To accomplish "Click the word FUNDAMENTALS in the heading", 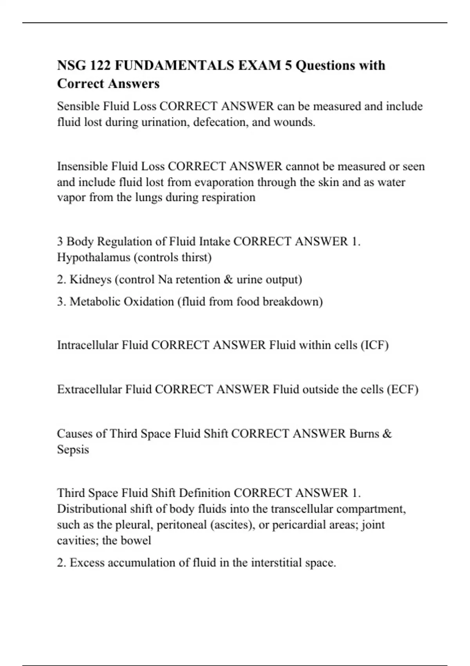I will click(x=175, y=65).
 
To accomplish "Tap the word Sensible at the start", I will click(x=78, y=106).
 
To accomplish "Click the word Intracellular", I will click(x=88, y=345).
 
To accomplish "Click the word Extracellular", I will click(x=90, y=389).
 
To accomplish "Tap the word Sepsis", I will click(x=73, y=449).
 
